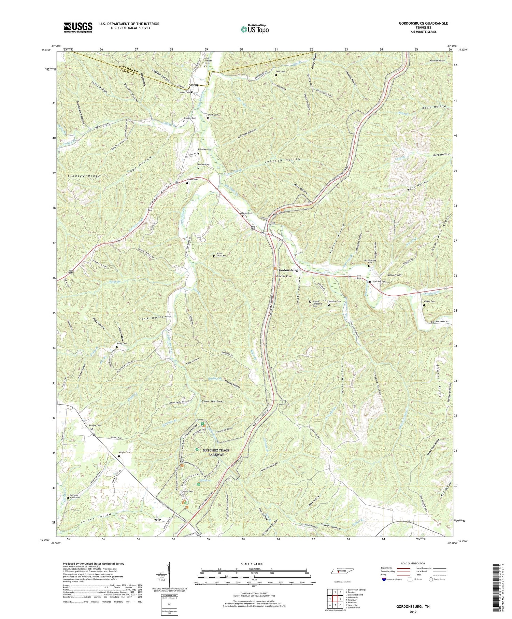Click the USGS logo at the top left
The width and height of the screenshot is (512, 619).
[78, 27]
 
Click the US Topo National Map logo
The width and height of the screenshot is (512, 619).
[254, 29]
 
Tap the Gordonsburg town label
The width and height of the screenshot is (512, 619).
[287, 270]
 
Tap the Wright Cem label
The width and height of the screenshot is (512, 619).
[124, 453]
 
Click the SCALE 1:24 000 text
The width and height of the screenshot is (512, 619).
[254, 564]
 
